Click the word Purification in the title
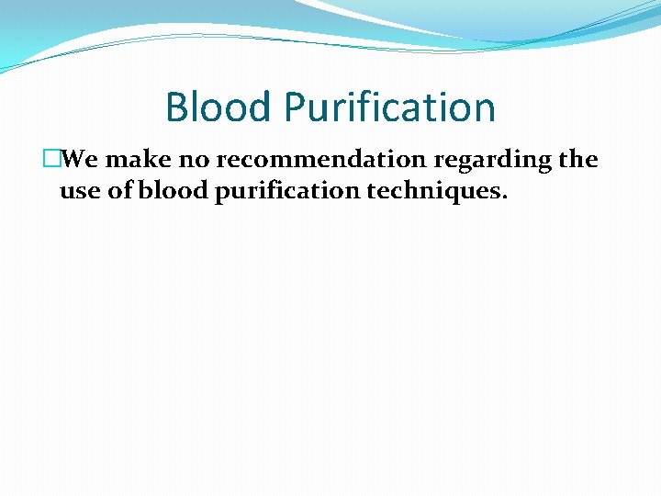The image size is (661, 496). click(389, 107)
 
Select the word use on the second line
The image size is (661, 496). click(77, 192)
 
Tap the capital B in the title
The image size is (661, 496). click(176, 107)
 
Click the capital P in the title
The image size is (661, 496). click(296, 107)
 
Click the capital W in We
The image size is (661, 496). click(75, 160)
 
